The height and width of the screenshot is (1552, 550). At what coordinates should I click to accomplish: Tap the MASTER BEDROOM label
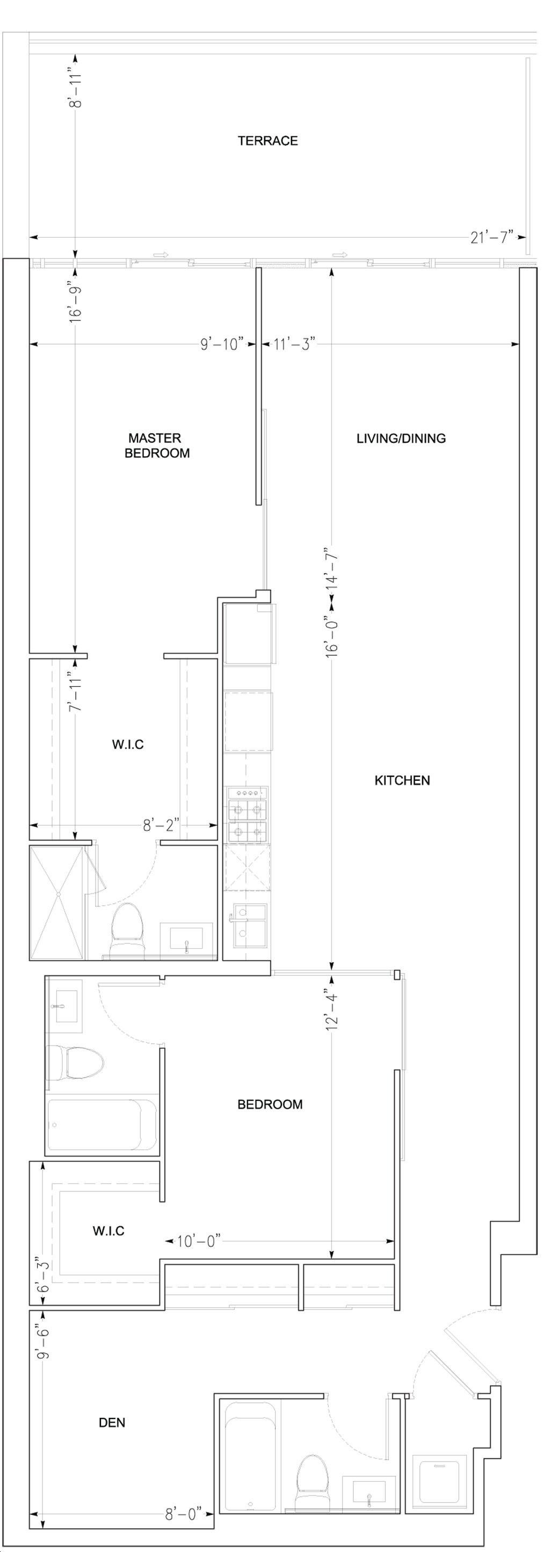pos(157,445)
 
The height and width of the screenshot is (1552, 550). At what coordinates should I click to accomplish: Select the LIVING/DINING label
pos(401,438)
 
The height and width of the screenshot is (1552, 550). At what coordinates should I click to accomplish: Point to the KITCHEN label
pos(402,781)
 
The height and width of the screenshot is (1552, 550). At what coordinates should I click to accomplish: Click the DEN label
pos(112,1423)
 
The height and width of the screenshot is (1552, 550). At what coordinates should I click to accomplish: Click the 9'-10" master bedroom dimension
pos(222,344)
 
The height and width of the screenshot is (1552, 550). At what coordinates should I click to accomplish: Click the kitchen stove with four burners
pos(248,815)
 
